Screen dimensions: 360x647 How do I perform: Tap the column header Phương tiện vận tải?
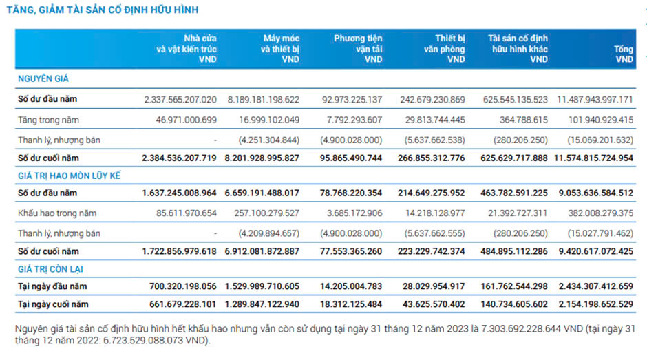pyautogui.click(x=358, y=49)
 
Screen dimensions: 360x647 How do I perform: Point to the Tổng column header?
pyautogui.click(x=622, y=54)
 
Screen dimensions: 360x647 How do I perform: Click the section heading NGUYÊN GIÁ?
pyautogui.click(x=43, y=79)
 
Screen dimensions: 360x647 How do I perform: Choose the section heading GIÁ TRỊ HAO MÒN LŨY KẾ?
pyautogui.click(x=69, y=176)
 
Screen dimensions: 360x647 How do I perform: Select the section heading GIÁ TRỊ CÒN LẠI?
pyautogui.click(x=53, y=268)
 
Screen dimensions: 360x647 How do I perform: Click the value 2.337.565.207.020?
pyautogui.click(x=180, y=100)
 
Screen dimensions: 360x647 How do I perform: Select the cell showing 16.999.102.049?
pyautogui.click(x=266, y=120)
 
